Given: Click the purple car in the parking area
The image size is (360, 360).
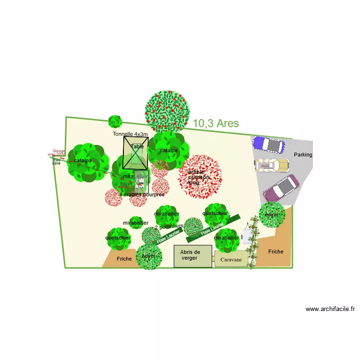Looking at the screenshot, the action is tap(268, 144).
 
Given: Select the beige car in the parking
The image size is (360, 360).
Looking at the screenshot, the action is tap(272, 166).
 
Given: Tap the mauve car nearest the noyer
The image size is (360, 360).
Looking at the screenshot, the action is tap(281, 188).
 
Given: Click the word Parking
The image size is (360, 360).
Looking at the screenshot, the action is tap(303, 155).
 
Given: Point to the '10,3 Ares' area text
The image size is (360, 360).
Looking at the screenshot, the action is tap(216, 123).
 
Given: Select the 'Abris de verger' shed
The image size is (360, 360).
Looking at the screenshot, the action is tap(192, 256).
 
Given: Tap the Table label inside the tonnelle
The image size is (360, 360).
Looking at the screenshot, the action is tap(137, 147).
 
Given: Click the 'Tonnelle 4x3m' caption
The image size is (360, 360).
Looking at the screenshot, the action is tap(131, 134).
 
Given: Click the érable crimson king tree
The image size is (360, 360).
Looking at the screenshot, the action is tap(200, 177).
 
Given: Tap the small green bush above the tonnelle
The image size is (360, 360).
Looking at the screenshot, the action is tap(115, 121).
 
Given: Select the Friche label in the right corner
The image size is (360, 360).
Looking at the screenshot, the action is tap(276, 252).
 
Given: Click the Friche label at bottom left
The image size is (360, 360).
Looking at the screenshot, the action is tap(124, 259).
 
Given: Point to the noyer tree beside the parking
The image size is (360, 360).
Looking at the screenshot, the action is tap(272, 214).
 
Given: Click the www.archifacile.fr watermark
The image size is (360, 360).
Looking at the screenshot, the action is tap(330, 309).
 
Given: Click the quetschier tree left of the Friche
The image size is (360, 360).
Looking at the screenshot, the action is tap(118, 238).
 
